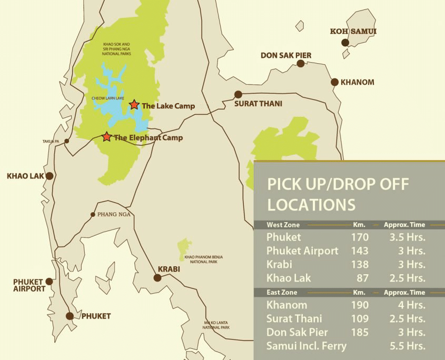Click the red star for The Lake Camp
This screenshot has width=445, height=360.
pos(134,105)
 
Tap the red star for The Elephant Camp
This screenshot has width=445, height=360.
pos(107,137)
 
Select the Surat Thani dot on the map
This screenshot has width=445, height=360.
pos(238,95)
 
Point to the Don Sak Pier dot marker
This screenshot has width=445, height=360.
pos(301,64)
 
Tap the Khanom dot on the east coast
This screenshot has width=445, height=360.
pos(334,82)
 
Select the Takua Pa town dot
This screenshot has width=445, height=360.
pos(66,141)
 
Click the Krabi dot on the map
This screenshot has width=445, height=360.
pos(157,277)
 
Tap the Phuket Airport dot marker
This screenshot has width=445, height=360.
pos(50,282)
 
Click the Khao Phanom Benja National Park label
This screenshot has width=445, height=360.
pos(204,258)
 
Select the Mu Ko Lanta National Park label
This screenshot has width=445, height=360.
pos(217,325)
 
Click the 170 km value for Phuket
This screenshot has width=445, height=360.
pos(360,237)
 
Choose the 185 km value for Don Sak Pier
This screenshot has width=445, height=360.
pos(360,332)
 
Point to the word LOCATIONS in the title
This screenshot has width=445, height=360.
pos(311,204)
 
